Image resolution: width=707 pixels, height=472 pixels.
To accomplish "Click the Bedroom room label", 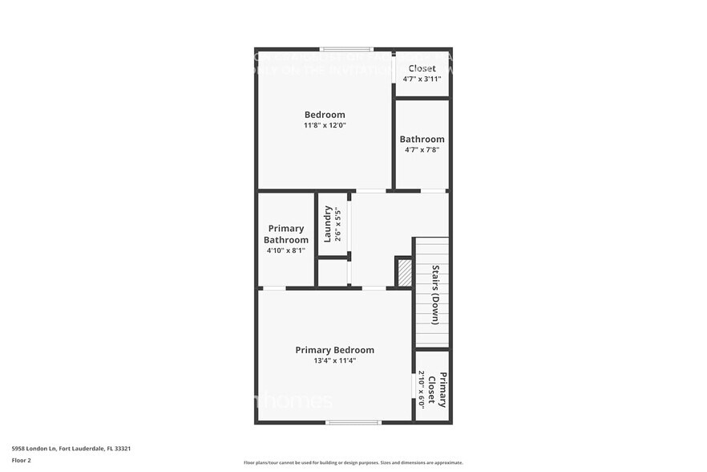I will pyautogui.click(x=325, y=114).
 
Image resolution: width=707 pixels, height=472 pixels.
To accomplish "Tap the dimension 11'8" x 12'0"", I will pyautogui.click(x=325, y=125).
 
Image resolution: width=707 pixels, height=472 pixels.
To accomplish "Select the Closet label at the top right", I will pyautogui.click(x=422, y=69).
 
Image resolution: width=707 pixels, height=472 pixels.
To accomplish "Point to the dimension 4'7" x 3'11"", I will pyautogui.click(x=422, y=79).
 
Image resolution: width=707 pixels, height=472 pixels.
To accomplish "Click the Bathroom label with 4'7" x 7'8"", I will pyautogui.click(x=422, y=139).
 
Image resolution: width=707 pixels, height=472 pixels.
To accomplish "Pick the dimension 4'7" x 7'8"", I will pyautogui.click(x=422, y=149).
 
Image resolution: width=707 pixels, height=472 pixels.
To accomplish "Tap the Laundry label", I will pyautogui.click(x=328, y=224).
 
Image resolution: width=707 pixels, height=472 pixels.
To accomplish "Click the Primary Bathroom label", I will pyautogui.click(x=286, y=234).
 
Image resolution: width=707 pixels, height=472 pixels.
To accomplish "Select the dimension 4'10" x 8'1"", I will pyautogui.click(x=286, y=250).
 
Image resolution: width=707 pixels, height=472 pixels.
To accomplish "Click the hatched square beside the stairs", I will pyautogui.click(x=404, y=271).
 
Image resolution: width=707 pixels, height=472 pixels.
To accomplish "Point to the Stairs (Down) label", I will pyautogui.click(x=435, y=295).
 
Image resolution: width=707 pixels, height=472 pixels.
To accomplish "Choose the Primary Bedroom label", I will pyautogui.click(x=334, y=350).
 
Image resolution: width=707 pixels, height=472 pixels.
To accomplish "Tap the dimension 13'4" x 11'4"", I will pyautogui.click(x=334, y=360).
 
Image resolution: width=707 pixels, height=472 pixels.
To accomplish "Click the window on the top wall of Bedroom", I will pyautogui.click(x=346, y=50).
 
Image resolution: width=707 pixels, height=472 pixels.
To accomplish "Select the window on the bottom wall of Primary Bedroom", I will pyautogui.click(x=353, y=422).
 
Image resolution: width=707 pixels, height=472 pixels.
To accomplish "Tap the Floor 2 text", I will pyautogui.click(x=22, y=460).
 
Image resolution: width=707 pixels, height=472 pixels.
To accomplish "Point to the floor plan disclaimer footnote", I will pyautogui.click(x=353, y=463).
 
